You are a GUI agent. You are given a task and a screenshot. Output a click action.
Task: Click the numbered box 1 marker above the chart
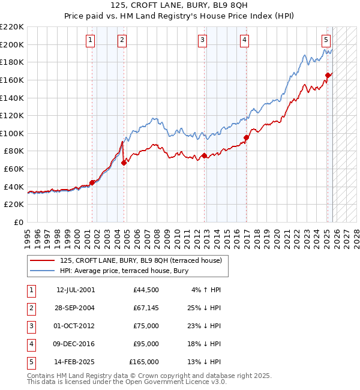click(x=89, y=40)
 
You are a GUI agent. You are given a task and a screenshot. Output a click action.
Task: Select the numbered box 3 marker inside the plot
click(x=202, y=40)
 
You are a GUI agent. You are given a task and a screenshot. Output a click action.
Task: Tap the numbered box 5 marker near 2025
click(x=326, y=40)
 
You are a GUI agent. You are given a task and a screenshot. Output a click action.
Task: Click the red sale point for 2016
click(x=246, y=137)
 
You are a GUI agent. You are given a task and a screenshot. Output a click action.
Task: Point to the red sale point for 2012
click(x=204, y=155)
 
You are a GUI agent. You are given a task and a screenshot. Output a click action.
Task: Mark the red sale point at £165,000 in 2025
click(x=328, y=75)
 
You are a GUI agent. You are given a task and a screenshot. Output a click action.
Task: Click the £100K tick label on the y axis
click(x=12, y=133)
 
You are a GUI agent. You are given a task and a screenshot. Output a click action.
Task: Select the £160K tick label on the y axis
click(x=12, y=80)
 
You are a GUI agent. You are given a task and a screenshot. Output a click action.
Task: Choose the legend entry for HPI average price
click(x=124, y=271)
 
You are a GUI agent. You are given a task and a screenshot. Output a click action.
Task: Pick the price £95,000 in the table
click(x=146, y=344)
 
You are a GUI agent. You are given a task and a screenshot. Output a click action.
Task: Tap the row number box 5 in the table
click(x=29, y=362)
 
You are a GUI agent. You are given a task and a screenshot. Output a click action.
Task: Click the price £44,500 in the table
click(x=146, y=290)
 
